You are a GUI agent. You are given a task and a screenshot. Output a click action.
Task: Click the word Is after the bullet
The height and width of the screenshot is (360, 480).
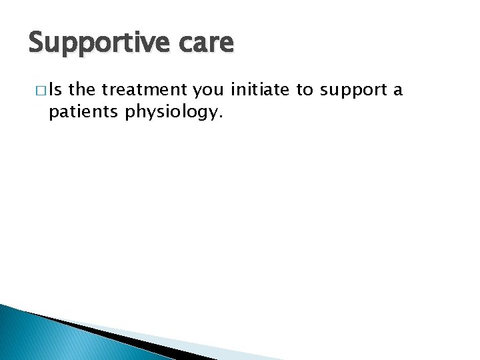click(55, 90)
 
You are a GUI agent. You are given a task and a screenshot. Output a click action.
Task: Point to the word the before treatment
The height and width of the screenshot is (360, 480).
click(82, 90)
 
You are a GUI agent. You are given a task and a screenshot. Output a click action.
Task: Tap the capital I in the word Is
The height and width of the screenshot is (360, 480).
click(51, 90)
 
